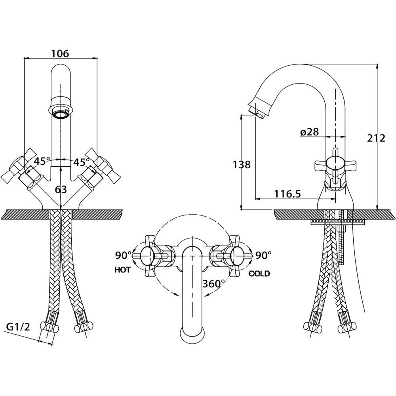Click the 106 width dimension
60,53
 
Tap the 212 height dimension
376,138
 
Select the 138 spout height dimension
242,165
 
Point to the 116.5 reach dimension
287,194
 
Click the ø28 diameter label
310,132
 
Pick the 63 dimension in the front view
61,189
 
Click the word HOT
123,270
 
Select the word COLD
259,274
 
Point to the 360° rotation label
214,284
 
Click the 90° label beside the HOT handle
124,255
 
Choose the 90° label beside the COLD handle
263,255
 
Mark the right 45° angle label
81,162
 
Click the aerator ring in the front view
61,114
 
